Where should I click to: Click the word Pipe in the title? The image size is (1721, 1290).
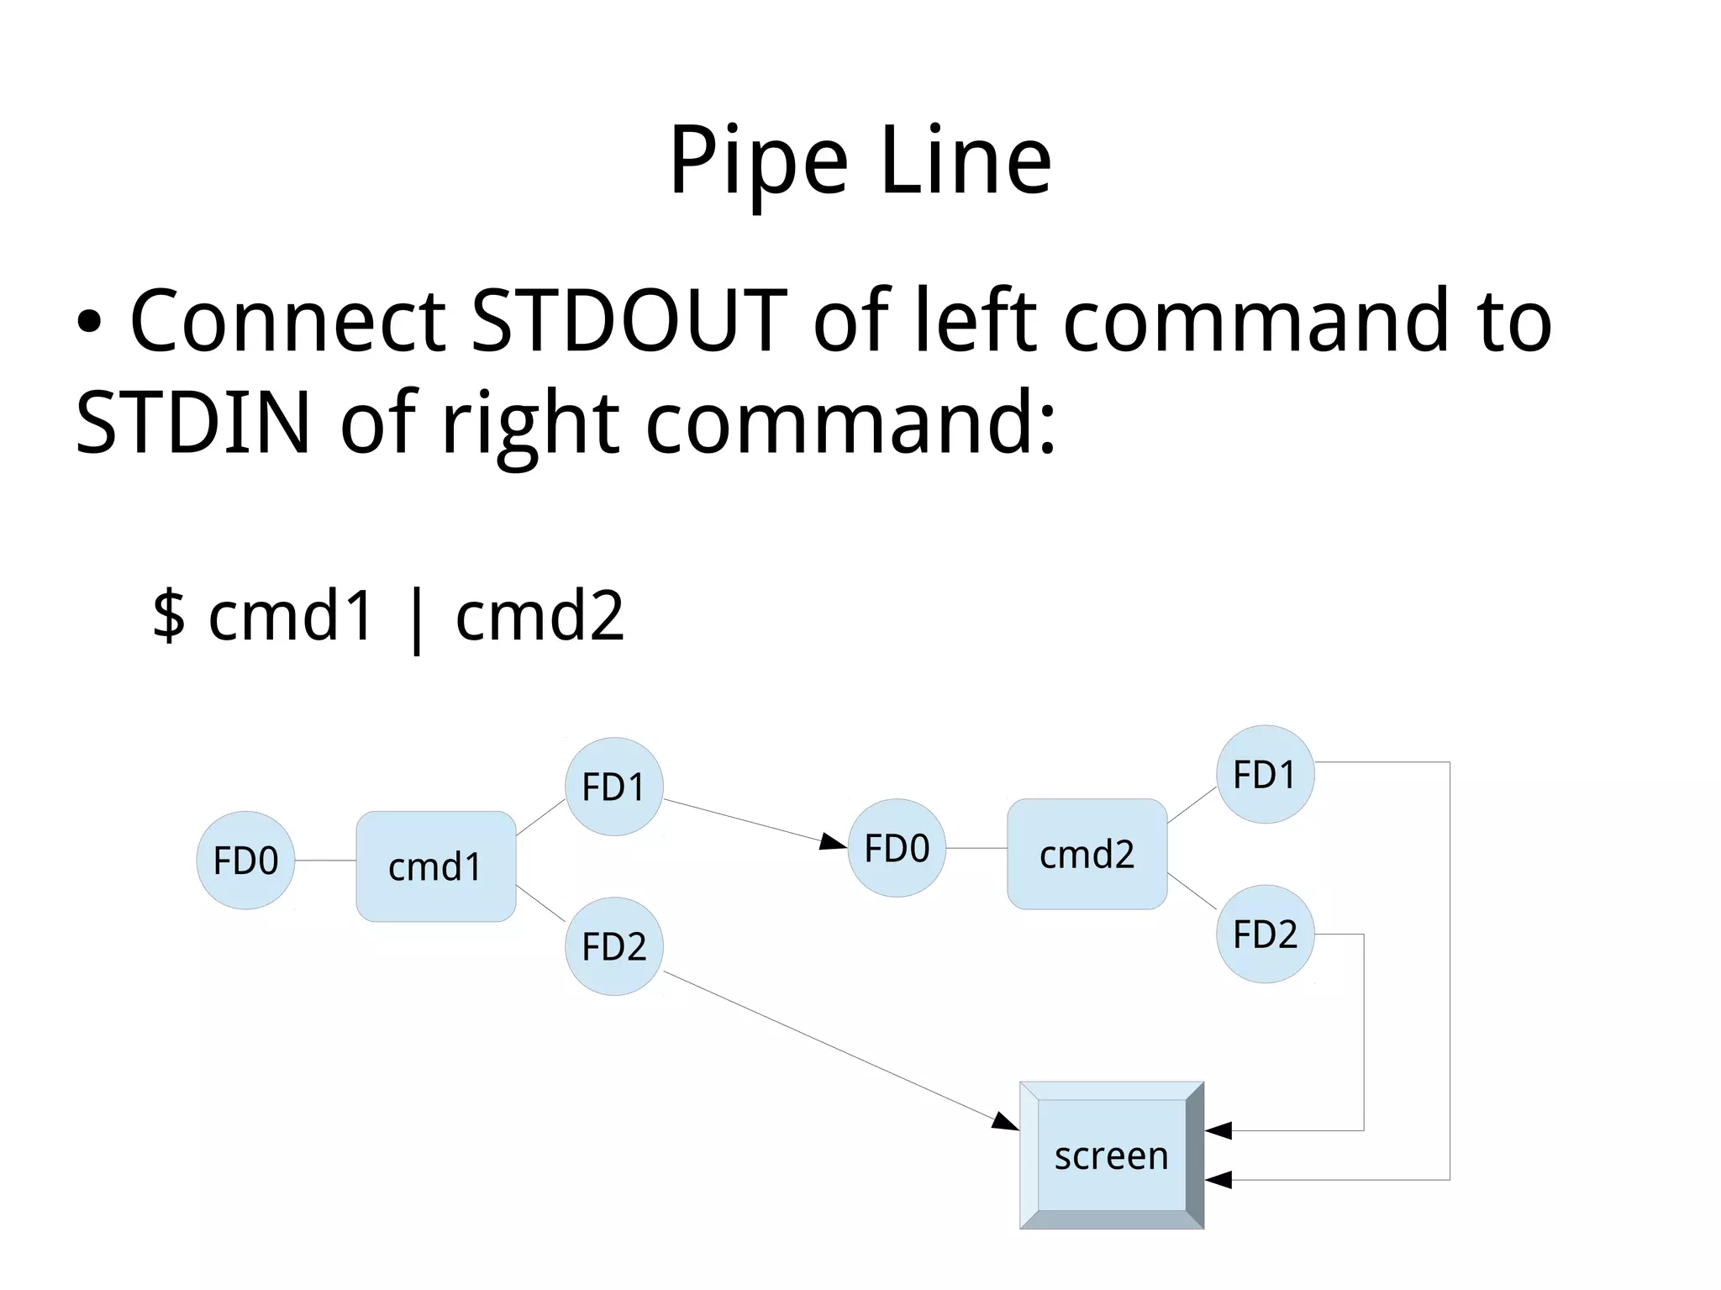757,161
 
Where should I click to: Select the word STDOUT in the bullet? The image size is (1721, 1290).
629,321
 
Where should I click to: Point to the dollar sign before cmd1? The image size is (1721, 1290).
169,616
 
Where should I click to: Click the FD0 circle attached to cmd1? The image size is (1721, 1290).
245,861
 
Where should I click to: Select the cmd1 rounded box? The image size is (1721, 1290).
435,866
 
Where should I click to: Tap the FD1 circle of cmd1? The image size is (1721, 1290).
614,787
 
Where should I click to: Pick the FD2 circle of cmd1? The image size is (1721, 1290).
614,946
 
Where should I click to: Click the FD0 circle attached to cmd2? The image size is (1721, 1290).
897,848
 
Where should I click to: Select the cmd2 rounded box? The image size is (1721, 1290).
1087,855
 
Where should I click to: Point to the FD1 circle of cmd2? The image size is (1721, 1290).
1265,775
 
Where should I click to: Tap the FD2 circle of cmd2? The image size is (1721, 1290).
1265,934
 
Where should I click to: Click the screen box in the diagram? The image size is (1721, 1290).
1111,1156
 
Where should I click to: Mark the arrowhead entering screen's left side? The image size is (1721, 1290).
1006,1122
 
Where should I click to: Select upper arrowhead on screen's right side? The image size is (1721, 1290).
1218,1130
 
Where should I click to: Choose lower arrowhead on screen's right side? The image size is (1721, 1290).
1218,1180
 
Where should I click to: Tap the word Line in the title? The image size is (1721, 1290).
966,161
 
